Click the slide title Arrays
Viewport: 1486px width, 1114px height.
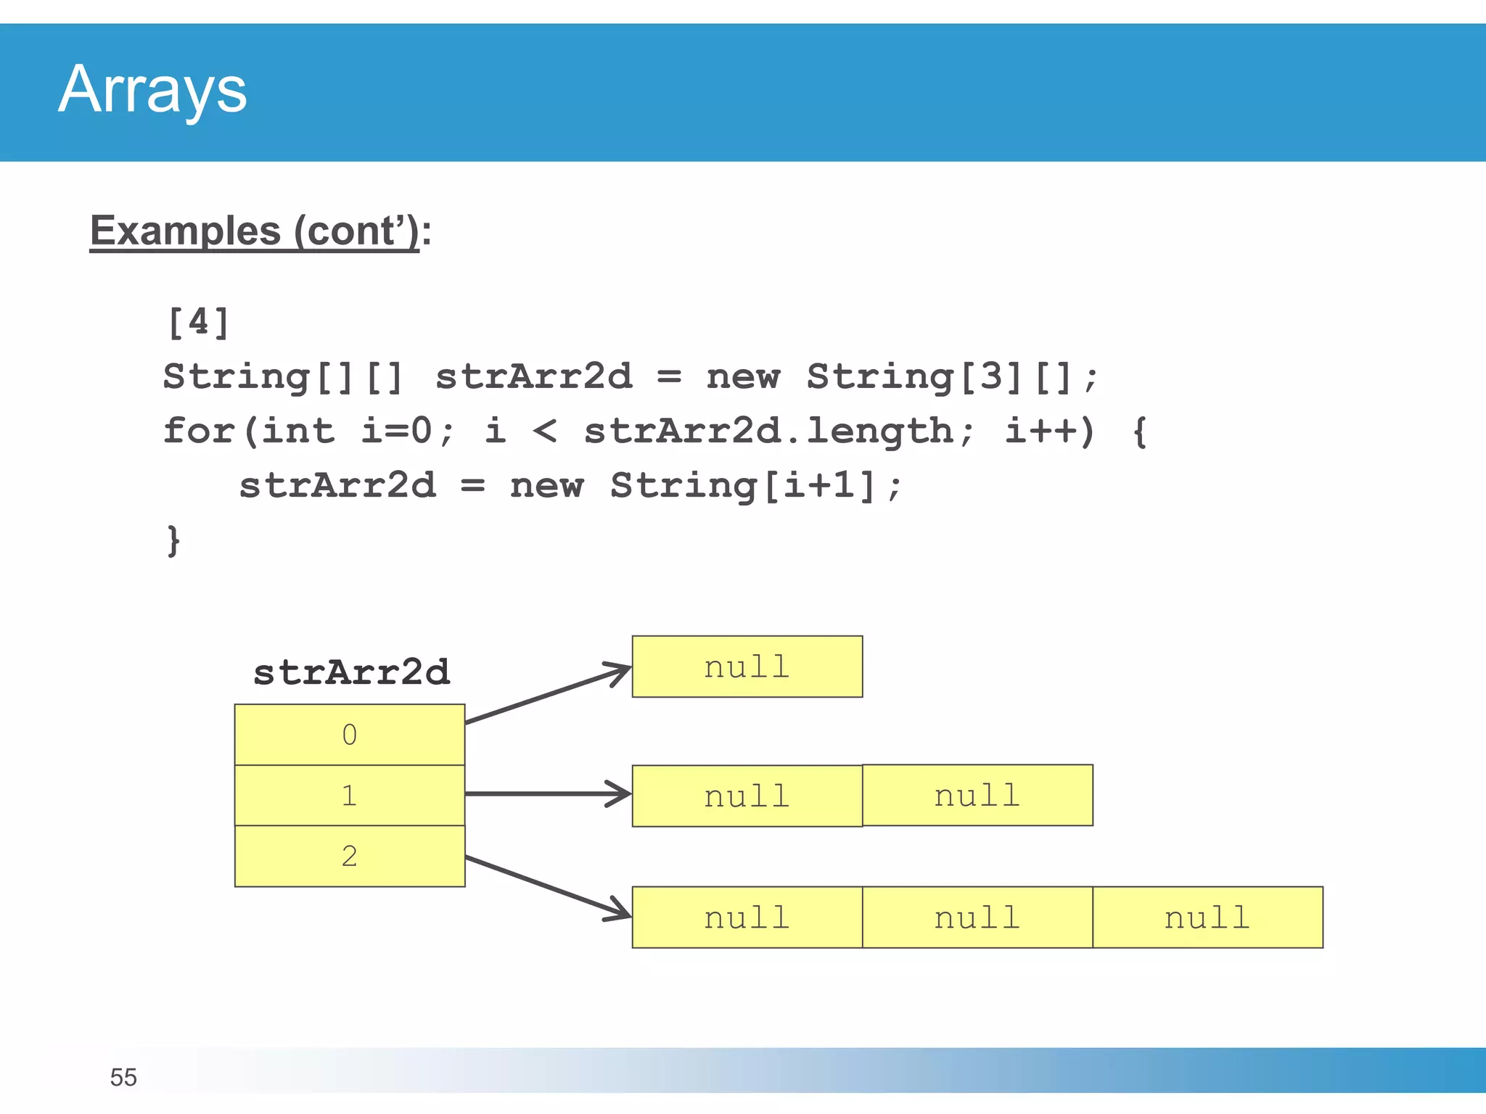click(152, 90)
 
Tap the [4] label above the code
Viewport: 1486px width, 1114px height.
click(198, 323)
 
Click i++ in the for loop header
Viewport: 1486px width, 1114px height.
click(1040, 432)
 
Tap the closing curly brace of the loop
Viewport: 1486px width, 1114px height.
click(173, 540)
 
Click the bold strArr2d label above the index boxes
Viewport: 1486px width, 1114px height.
click(351, 672)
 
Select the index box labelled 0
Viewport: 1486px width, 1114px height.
click(350, 735)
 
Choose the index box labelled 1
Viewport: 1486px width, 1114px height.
click(350, 796)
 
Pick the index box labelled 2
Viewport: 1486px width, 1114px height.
click(350, 857)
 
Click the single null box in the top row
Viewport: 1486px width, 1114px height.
click(747, 667)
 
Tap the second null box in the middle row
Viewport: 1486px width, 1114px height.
click(977, 796)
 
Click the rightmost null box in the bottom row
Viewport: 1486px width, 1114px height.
click(1207, 917)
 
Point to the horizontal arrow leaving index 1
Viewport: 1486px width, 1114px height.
click(548, 794)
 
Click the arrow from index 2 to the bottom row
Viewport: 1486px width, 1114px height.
click(548, 888)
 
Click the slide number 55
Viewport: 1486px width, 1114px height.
click(123, 1078)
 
